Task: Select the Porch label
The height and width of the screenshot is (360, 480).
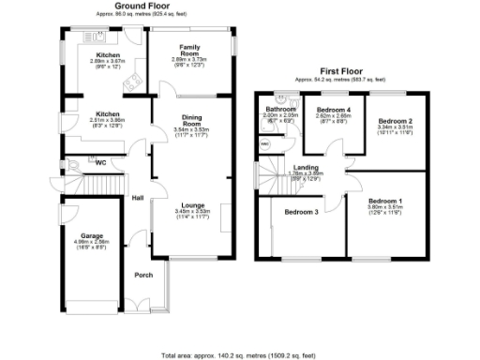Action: pos(144,275)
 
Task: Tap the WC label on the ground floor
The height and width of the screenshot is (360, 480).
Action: pos(98,161)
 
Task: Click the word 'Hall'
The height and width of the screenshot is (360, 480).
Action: pos(138,198)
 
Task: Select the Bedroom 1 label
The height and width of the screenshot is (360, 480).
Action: pos(384,202)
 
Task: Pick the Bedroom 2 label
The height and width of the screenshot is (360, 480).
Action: pos(396,121)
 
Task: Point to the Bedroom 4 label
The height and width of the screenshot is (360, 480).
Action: pos(334,111)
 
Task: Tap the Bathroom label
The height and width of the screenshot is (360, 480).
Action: pos(280,109)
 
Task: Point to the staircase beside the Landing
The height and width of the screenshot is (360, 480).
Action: pos(272,174)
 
